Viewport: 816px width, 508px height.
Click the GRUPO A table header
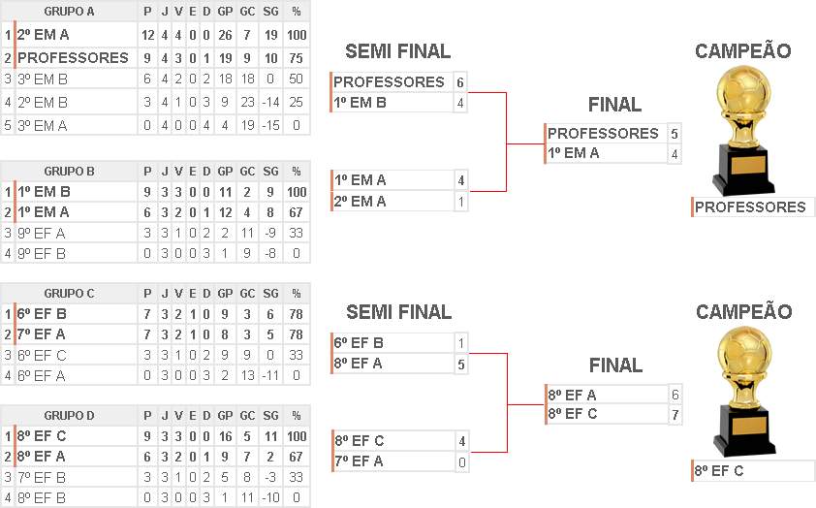click(x=69, y=11)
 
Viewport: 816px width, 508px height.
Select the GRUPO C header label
click(x=69, y=294)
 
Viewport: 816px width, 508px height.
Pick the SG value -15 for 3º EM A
click(x=270, y=124)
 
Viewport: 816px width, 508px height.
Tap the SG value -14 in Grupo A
click(x=270, y=102)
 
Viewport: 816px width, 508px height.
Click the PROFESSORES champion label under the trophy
click(x=750, y=206)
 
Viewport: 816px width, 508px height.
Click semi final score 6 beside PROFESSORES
click(x=460, y=82)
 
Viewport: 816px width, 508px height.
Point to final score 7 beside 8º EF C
click(x=674, y=415)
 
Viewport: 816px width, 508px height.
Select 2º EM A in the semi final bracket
click(x=360, y=201)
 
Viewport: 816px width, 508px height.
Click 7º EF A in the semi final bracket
click(x=359, y=461)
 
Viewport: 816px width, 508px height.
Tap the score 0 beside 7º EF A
click(x=462, y=461)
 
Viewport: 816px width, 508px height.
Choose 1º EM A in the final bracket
click(x=574, y=152)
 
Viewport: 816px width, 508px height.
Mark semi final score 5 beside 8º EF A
click(x=462, y=364)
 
